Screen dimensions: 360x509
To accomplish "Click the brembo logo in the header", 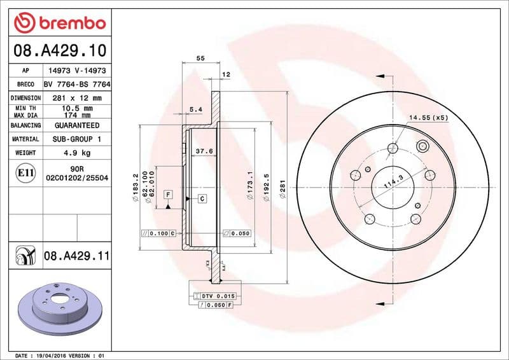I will tap(59, 23).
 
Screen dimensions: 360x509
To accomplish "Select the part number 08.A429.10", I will tap(59, 50).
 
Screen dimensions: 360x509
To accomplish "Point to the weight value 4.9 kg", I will tap(76, 153).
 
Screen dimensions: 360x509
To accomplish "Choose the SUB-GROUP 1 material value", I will tap(76, 139).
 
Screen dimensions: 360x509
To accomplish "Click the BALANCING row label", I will tap(25, 126).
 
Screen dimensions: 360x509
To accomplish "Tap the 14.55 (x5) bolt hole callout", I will tap(428, 118).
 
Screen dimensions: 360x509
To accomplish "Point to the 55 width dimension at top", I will tap(200, 58).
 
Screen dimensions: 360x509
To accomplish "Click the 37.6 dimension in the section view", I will tap(204, 151).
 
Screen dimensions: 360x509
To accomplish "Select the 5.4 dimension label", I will tap(195, 110).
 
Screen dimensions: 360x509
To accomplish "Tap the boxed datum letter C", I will tap(202, 199).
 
